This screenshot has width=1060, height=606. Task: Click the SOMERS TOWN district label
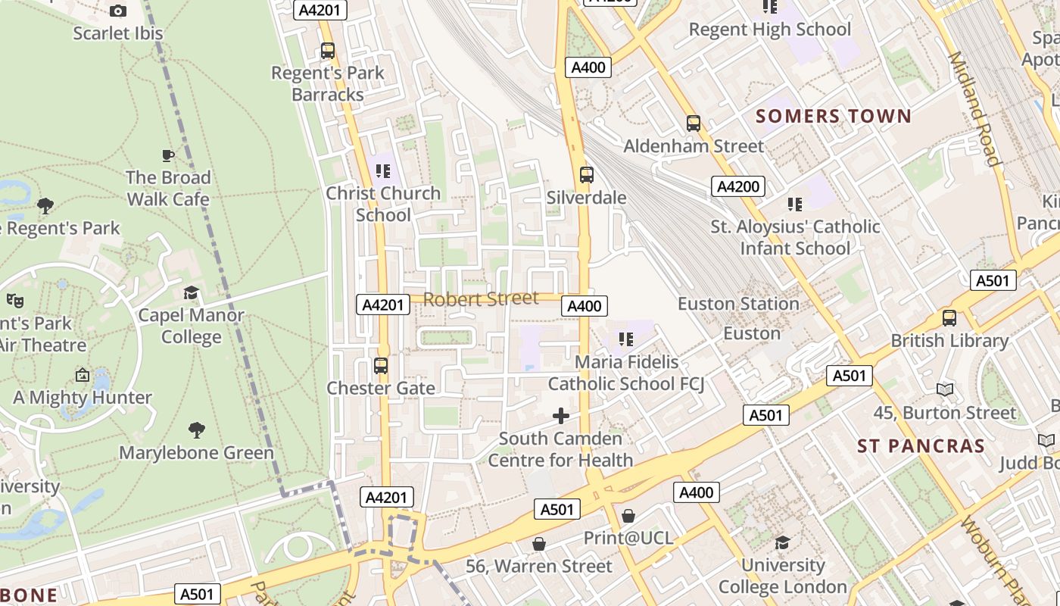[833, 116]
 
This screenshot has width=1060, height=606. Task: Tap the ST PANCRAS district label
[921, 446]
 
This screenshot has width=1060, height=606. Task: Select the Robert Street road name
[481, 299]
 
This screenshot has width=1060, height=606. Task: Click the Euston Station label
[737, 304]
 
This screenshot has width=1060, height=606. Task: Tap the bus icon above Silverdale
[587, 175]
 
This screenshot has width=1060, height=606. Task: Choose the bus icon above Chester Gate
[381, 366]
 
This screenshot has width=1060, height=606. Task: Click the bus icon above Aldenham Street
[693, 123]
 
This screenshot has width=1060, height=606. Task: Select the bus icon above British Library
[949, 318]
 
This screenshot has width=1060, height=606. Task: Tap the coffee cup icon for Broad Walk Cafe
[168, 155]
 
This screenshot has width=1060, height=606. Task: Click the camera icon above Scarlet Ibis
[118, 11]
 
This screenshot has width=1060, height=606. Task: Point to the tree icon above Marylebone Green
[197, 430]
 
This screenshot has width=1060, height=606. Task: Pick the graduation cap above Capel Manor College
[192, 292]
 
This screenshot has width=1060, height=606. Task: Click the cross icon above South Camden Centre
[561, 416]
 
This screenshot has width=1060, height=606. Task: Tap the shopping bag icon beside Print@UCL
[628, 516]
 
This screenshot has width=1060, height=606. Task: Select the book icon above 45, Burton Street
[944, 390]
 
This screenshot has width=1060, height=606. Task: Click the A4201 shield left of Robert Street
[383, 305]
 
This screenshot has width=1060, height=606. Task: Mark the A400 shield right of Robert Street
[584, 306]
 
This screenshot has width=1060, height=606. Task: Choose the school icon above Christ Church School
[383, 171]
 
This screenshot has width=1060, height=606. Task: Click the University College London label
[782, 576]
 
